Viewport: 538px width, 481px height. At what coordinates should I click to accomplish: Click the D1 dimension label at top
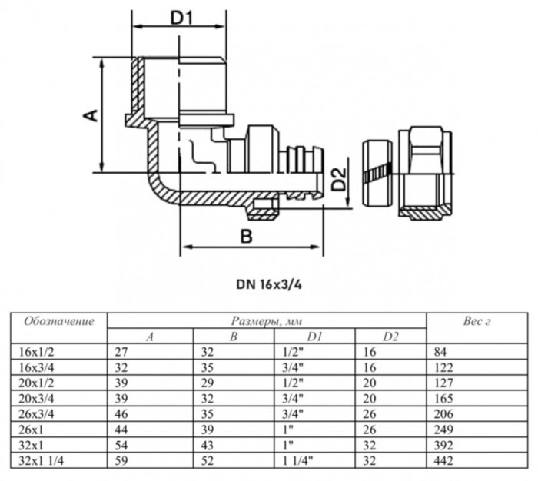pos(180,18)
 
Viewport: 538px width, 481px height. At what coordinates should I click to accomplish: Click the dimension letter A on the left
pos(90,115)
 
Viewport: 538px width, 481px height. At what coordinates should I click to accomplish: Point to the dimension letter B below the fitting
pos(246,237)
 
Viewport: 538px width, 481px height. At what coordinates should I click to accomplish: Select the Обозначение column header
pos(59,321)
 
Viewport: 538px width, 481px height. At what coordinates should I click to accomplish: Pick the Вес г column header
pos(477,321)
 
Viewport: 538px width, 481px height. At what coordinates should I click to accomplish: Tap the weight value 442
pos(443,461)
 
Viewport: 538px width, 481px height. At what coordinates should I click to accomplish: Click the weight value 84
pos(440,352)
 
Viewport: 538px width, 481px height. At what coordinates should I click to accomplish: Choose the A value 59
pos(121,461)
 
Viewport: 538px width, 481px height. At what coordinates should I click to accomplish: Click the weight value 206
pos(443,414)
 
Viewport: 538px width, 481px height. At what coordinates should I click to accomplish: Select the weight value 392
pos(443,446)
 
